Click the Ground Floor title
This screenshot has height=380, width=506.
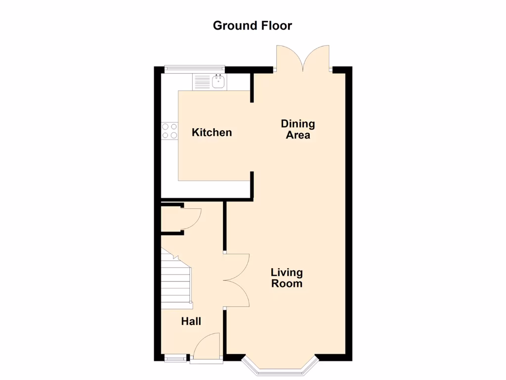[253, 25]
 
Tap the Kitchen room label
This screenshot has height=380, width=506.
[211, 133]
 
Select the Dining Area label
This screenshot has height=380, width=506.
[298, 129]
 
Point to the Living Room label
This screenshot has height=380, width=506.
[287, 278]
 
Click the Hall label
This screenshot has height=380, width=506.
[191, 322]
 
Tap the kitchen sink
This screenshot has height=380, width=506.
[218, 82]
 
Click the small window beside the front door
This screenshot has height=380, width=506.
[176, 358]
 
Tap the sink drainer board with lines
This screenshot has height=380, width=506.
[202, 82]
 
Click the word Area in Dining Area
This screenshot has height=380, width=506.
[298, 135]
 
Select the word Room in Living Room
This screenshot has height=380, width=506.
[287, 284]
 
